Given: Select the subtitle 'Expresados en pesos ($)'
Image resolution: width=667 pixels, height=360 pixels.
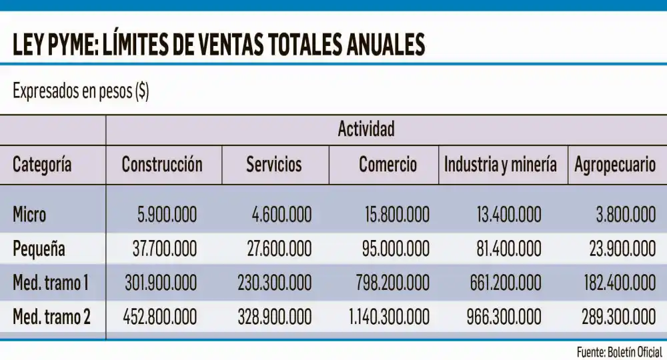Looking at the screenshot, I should (81, 92).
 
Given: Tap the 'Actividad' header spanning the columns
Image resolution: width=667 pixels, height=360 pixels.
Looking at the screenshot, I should (366, 129).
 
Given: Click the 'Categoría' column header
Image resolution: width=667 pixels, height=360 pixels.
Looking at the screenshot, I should (42, 165).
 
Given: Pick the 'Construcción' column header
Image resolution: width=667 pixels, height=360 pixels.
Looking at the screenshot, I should (161, 165).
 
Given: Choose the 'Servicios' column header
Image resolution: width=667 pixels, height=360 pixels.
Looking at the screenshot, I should (274, 165).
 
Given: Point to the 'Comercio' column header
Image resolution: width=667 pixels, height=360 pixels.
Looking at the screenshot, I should (388, 165).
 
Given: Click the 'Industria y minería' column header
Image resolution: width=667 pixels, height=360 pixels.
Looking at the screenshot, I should (500, 165).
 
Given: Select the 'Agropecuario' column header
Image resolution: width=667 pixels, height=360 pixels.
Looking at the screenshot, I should (615, 165).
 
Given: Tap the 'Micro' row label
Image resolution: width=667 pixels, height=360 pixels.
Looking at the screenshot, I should (29, 215).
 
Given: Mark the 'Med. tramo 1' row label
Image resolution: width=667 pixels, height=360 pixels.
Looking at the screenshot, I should (51, 283).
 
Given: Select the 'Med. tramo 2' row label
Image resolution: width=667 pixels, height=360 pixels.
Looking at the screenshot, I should (51, 317).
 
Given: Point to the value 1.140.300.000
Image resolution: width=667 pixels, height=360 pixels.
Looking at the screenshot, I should (389, 317).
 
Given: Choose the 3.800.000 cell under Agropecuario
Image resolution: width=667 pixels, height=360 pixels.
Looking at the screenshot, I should (626, 215).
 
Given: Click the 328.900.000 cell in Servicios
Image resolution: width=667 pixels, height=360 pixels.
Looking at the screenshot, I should (274, 317).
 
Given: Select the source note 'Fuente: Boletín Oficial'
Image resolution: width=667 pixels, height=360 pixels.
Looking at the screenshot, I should (619, 351).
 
